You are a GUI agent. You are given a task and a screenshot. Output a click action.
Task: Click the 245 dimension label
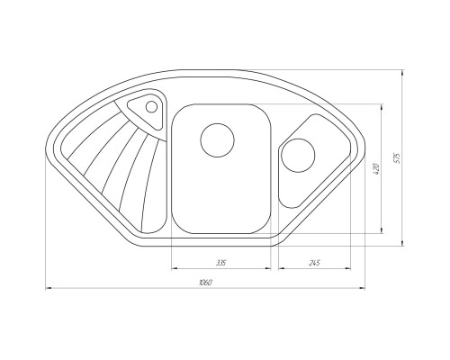coord(312,263)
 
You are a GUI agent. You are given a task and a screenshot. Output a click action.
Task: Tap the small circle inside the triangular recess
coord(151,107)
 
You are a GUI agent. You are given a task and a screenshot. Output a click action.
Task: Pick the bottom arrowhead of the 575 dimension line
coord(401,243)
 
